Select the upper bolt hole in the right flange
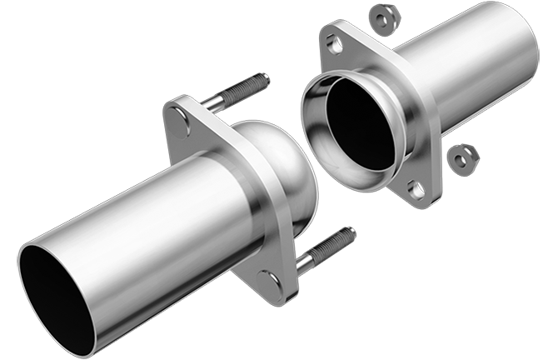[333, 43]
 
